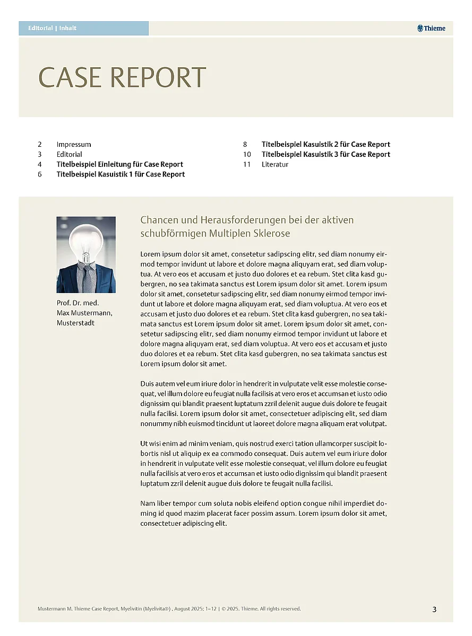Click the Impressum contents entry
[74, 144]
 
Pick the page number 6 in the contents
[40, 174]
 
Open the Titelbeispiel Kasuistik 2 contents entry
[325, 144]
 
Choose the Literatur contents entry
[275, 164]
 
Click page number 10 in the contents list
[247, 154]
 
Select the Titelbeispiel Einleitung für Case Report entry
[119, 164]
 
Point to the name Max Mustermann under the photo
[84, 313]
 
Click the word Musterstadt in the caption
[75, 323]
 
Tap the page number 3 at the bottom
[434, 609]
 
